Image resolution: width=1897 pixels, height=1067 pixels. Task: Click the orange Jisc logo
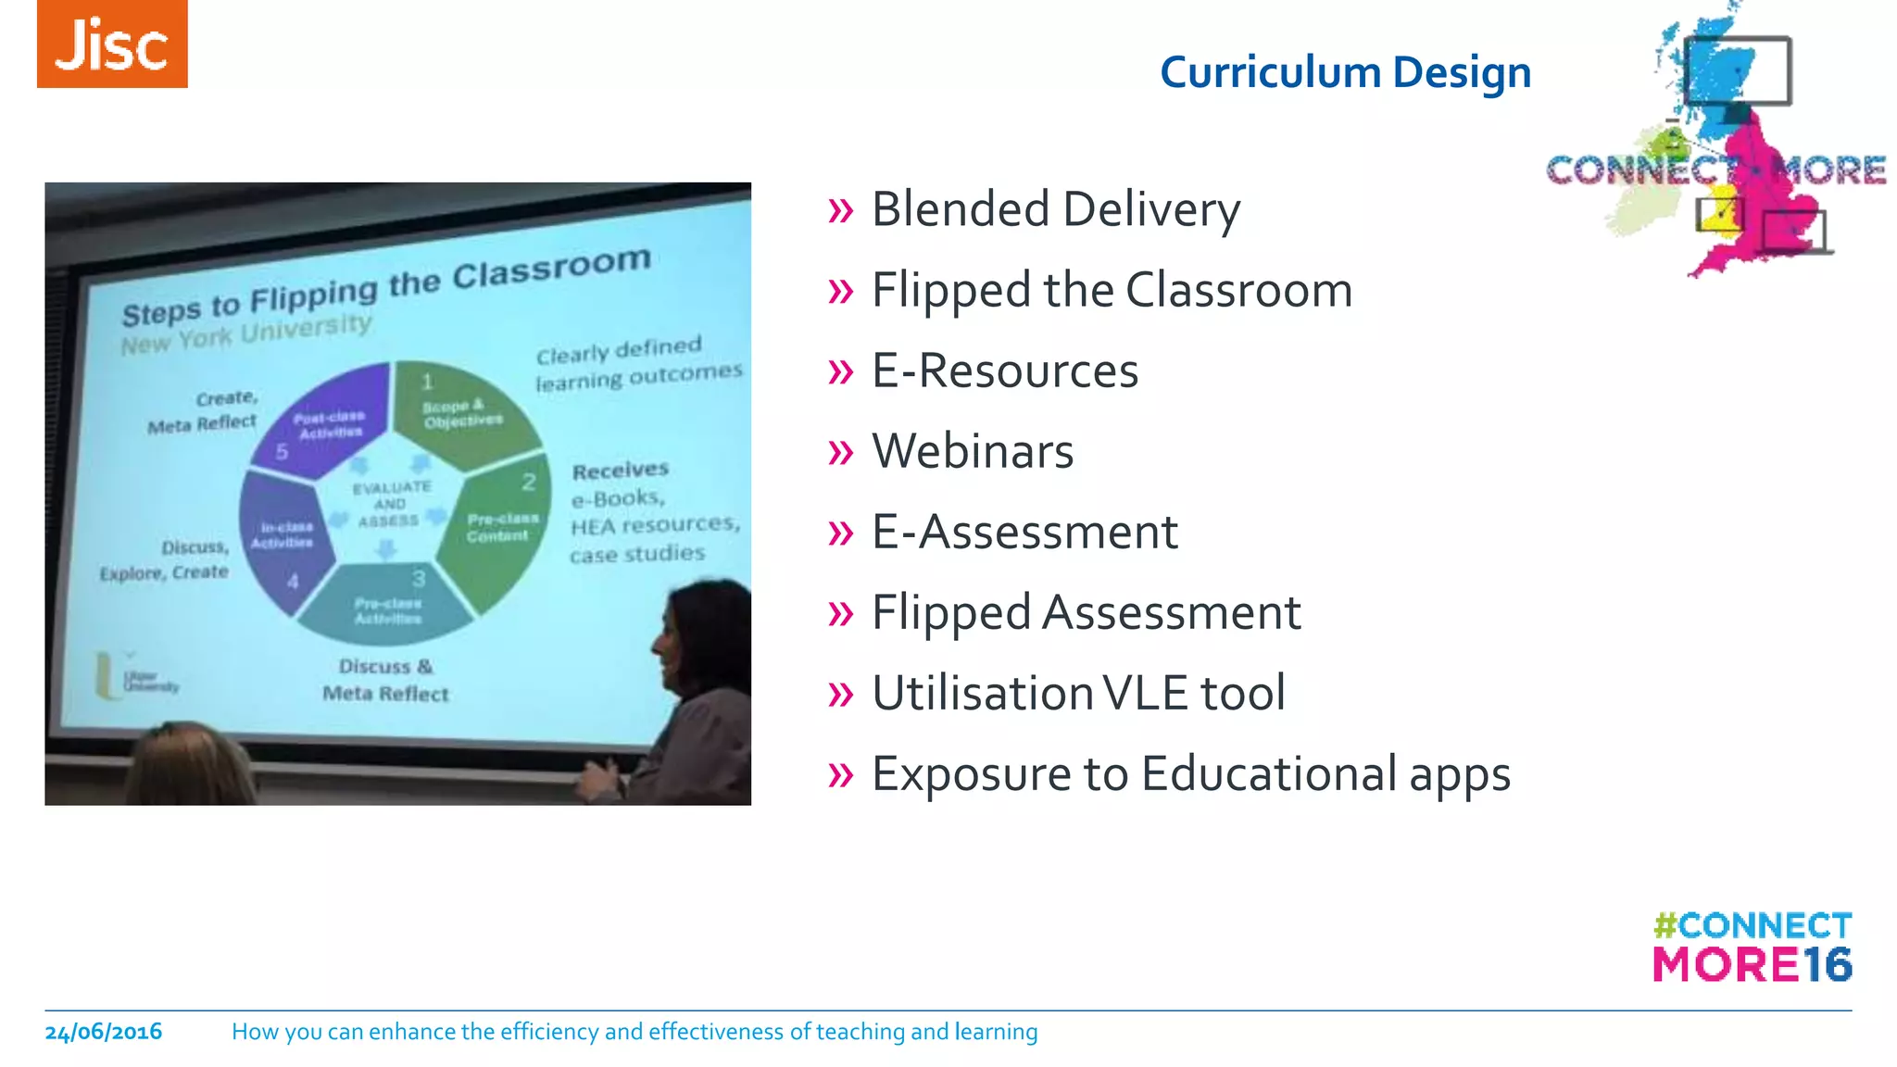click(x=112, y=44)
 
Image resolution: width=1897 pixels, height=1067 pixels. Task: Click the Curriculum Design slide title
click(x=1345, y=72)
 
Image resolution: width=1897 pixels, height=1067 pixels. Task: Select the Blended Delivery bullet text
click(x=1055, y=209)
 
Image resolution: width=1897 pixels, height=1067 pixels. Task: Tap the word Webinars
click(x=973, y=452)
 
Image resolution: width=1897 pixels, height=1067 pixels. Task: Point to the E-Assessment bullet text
click(x=1024, y=533)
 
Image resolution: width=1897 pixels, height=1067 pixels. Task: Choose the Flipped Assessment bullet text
click(x=1086, y=613)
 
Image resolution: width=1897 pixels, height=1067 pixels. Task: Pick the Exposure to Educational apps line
click(x=1190, y=774)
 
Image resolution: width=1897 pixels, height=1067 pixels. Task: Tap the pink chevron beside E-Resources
click(x=840, y=372)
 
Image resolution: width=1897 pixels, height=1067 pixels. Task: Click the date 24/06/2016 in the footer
click(x=104, y=1032)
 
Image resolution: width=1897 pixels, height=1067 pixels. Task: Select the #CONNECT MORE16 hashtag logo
click(x=1752, y=947)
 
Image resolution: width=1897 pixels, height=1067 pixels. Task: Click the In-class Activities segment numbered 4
click(x=282, y=537)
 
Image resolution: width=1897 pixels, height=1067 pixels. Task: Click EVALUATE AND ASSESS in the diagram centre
click(x=390, y=504)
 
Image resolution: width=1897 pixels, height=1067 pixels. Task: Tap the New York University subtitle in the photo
click(x=246, y=333)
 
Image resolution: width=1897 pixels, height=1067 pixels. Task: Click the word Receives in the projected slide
click(x=620, y=471)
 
